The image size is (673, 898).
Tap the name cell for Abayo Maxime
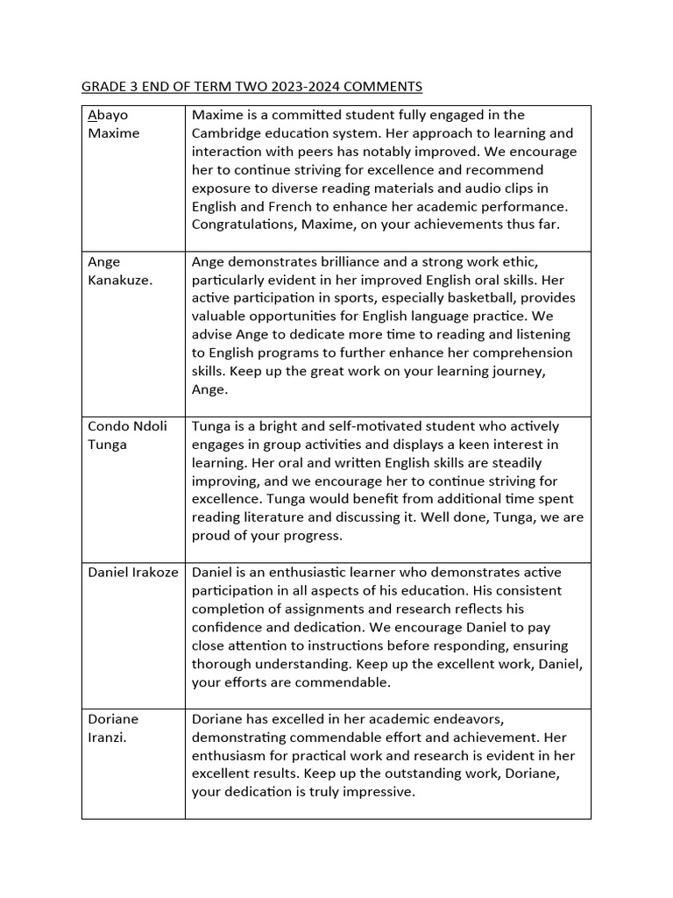133,125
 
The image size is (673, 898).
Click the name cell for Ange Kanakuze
133,271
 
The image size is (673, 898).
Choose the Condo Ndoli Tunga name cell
133,435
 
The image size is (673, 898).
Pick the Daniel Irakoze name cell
133,573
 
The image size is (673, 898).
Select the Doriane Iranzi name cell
133,728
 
